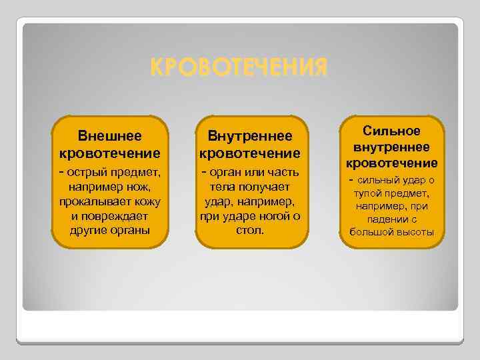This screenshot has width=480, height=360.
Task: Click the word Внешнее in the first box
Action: pos(110,136)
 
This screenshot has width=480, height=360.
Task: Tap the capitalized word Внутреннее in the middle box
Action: pos(250,136)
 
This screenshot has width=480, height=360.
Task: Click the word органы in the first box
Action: pos(130,231)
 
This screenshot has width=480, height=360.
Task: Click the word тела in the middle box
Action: pos(221,187)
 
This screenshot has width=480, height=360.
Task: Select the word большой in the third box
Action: pos(372,233)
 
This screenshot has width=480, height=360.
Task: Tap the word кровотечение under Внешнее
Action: pos(110,153)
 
